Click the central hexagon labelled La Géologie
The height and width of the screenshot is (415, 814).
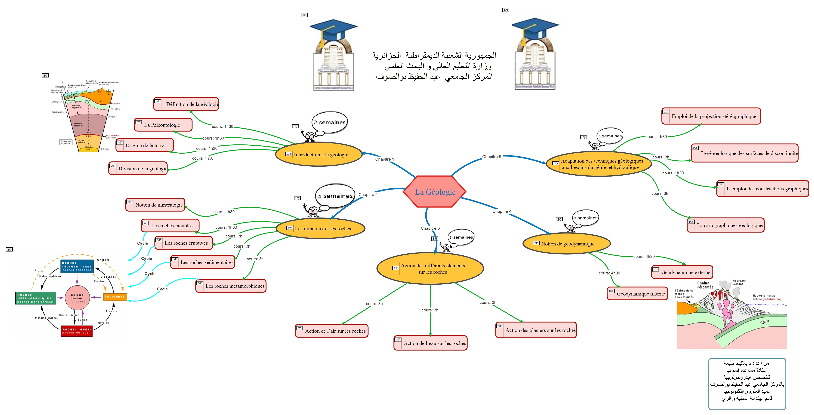pyautogui.click(x=435, y=192)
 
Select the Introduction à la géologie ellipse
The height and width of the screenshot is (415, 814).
pyautogui.click(x=319, y=154)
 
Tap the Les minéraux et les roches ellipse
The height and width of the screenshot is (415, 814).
pyautogui.click(x=320, y=228)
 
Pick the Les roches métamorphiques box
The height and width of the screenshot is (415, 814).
pyautogui.click(x=231, y=286)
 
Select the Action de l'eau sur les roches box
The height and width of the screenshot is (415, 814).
pyautogui.click(x=430, y=343)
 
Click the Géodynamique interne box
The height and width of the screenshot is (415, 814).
pyautogui.click(x=637, y=293)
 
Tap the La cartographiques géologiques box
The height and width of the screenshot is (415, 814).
pyautogui.click(x=726, y=225)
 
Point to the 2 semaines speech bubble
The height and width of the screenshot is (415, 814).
pyautogui.click(x=330, y=122)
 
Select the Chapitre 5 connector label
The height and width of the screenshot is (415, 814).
pyautogui.click(x=491, y=157)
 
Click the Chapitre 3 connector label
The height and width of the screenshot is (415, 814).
pyautogui.click(x=430, y=228)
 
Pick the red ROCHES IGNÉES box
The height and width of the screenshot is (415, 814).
pyautogui.click(x=77, y=331)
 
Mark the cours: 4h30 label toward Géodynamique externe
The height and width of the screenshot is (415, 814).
pyautogui.click(x=644, y=256)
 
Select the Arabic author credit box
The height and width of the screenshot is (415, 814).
pyautogui.click(x=747, y=384)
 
